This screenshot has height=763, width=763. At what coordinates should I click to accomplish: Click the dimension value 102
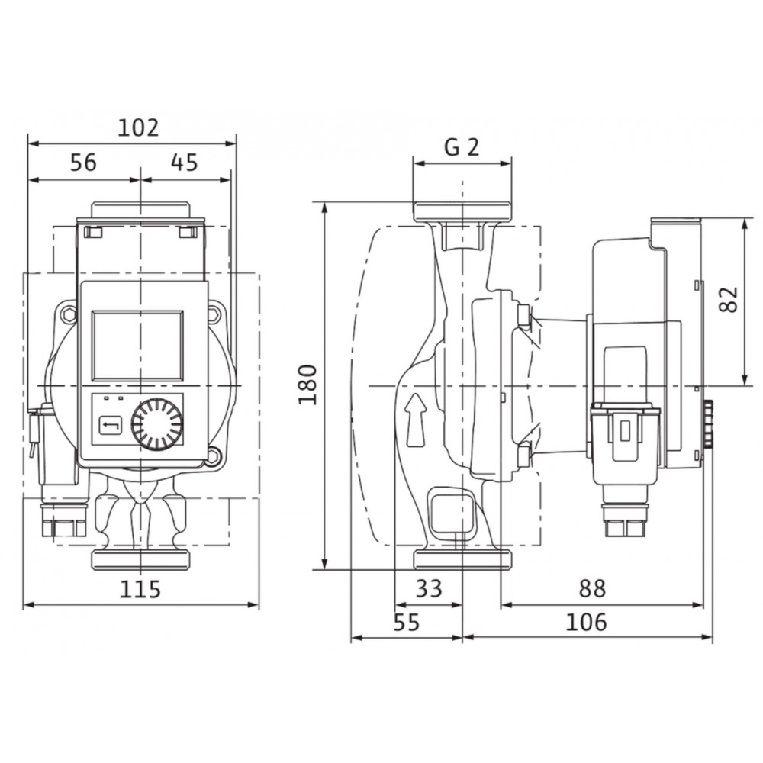tap(139, 128)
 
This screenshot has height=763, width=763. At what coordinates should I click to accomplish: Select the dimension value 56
tap(83, 163)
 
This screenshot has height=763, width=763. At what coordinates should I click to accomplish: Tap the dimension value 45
tap(185, 163)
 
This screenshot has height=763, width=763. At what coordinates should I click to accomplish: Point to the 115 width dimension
tap(140, 589)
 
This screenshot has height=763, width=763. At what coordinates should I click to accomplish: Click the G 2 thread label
tap(462, 147)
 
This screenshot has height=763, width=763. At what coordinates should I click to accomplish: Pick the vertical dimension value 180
tap(308, 385)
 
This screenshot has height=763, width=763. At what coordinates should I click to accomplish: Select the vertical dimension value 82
tap(729, 299)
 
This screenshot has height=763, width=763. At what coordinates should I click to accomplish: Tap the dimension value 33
tap(429, 588)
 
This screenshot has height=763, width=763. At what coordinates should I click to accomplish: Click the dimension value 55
tap(407, 623)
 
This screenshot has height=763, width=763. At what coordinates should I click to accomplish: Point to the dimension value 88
tap(592, 588)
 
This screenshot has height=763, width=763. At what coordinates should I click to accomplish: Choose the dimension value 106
tap(586, 623)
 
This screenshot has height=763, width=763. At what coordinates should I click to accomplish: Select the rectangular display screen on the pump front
tap(138, 346)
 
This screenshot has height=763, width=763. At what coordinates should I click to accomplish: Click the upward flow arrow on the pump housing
tap(414, 420)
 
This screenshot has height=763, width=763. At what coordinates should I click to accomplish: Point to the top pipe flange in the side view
tap(462, 211)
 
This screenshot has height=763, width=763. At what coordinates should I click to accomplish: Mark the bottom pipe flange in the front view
tap(140, 560)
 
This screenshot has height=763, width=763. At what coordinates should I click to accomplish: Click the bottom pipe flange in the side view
tap(462, 560)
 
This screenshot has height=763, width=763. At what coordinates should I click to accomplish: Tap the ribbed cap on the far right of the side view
tap(708, 423)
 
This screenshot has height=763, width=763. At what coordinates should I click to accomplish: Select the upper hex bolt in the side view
tap(523, 316)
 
